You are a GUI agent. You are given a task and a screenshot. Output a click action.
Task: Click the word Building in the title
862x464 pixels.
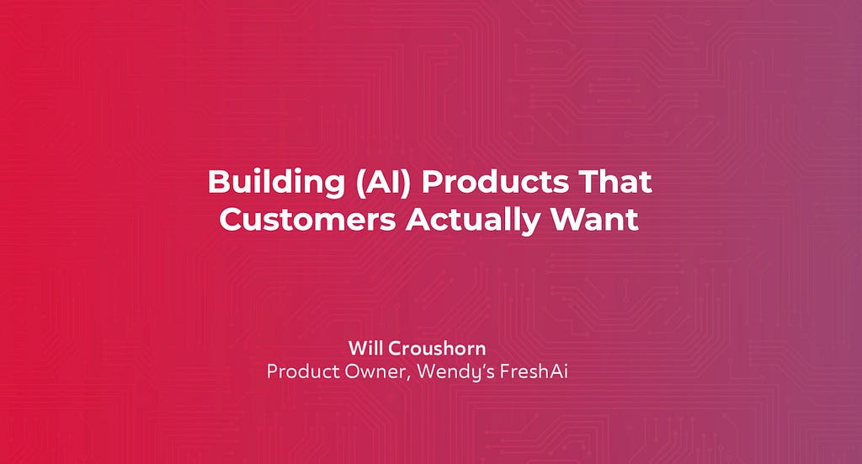tap(276, 182)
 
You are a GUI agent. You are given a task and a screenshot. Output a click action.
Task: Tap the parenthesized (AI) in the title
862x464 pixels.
tap(383, 182)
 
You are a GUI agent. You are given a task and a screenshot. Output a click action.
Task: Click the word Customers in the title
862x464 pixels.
tap(308, 219)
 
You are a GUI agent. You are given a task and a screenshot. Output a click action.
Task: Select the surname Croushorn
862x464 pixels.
tap(437, 349)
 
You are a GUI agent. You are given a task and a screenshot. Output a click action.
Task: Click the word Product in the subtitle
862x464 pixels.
tap(303, 371)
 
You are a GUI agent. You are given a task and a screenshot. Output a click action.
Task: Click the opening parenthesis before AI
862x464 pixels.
tap(360, 183)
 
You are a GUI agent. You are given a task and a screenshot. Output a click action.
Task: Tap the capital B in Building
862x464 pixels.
tap(219, 182)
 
